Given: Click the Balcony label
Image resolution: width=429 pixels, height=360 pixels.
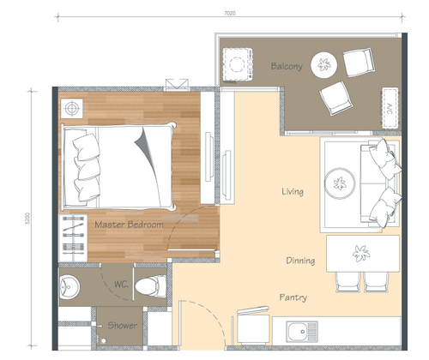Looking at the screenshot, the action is click(x=287, y=66).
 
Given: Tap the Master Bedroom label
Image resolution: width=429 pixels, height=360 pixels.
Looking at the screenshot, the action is click(x=129, y=225).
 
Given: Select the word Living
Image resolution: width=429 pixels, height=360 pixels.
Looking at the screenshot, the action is click(x=293, y=191).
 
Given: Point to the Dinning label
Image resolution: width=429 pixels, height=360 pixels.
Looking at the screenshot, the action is click(x=300, y=261).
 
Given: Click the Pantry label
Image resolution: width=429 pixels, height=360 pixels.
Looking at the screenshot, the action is click(x=293, y=297).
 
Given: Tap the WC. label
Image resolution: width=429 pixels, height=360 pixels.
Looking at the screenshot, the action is click(x=121, y=284).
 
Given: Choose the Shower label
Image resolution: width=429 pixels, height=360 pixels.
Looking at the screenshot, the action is click(x=122, y=325).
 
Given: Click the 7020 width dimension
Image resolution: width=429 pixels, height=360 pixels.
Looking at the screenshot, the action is click(x=230, y=13).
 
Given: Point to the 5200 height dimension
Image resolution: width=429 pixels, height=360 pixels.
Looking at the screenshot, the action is click(x=27, y=218).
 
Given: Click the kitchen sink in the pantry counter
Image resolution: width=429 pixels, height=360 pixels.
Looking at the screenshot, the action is click(x=302, y=332).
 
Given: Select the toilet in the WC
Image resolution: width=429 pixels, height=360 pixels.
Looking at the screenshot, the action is click(x=150, y=286).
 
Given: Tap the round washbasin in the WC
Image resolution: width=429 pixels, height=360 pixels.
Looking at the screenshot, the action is click(x=69, y=287).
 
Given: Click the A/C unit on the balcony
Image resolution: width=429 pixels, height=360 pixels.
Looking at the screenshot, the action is click(x=390, y=108).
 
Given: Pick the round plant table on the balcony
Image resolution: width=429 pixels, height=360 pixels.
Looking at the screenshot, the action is click(x=324, y=64).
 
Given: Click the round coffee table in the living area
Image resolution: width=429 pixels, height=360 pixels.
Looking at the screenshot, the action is click(x=340, y=183).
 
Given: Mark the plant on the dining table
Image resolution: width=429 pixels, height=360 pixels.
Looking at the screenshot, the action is click(x=361, y=253).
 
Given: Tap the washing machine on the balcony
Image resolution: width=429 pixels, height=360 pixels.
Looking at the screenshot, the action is click(x=237, y=65).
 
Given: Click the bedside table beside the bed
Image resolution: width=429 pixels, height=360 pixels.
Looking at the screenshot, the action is click(x=72, y=108).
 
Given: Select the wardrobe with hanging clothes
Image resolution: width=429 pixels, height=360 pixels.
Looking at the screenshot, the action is click(x=73, y=237).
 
